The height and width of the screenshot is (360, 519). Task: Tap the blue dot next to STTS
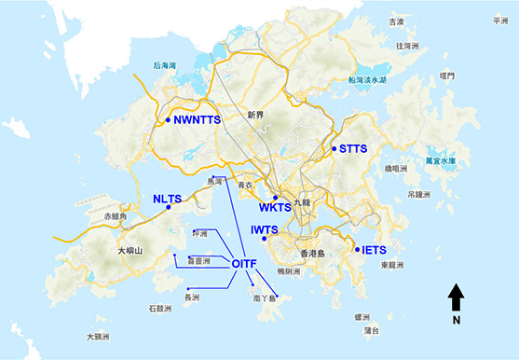pos(334,148)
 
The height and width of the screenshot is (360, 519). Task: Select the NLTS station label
pos(168,199)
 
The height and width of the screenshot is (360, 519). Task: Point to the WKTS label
pos(275,208)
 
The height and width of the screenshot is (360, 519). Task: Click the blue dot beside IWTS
pos(266,239)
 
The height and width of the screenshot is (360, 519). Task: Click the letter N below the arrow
pos(457,321)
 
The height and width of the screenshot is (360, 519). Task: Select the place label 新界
pos(256,115)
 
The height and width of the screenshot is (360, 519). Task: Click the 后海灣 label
pos(166,65)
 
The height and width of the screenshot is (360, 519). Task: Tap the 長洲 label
pos(192,298)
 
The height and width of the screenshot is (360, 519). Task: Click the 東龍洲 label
pos(395,265)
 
